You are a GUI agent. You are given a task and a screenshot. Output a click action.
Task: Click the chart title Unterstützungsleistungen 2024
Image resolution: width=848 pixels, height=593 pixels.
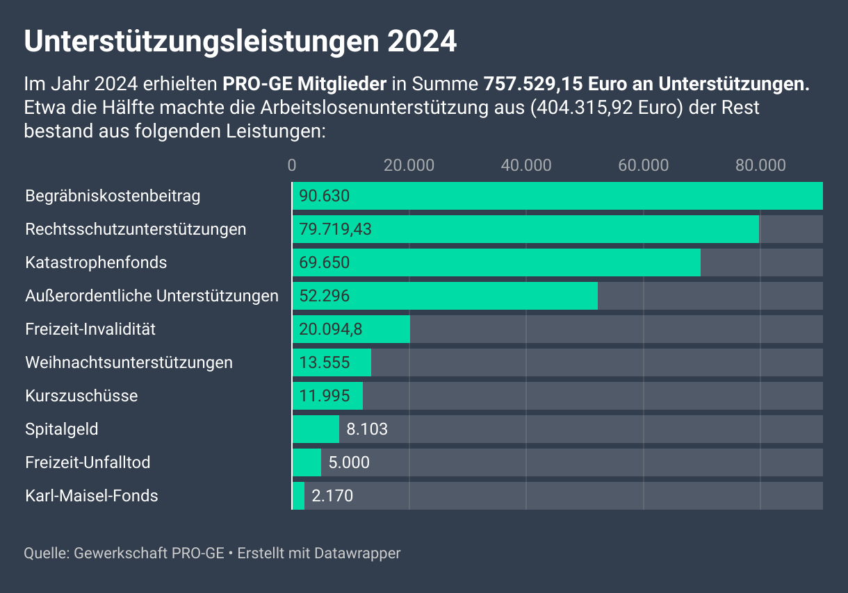pyautogui.click(x=240, y=42)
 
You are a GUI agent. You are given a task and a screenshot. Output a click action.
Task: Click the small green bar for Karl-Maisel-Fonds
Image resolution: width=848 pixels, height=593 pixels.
pyautogui.click(x=299, y=496)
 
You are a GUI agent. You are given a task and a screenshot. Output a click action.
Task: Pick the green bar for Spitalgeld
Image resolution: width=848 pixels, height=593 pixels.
pyautogui.click(x=316, y=429)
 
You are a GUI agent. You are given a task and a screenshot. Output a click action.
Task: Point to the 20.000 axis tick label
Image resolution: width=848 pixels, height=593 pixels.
pyautogui.click(x=409, y=165)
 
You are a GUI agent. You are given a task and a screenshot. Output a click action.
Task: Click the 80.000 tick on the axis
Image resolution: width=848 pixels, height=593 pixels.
pyautogui.click(x=760, y=165)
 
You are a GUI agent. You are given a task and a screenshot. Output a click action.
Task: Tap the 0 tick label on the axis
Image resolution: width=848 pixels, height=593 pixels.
pyautogui.click(x=292, y=165)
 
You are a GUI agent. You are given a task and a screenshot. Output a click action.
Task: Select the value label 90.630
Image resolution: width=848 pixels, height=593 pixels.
pyautogui.click(x=324, y=196)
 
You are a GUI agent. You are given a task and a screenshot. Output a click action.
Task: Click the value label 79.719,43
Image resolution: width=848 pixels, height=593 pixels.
pyautogui.click(x=336, y=229)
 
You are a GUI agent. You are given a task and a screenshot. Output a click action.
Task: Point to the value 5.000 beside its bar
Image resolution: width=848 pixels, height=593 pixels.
pyautogui.click(x=349, y=462)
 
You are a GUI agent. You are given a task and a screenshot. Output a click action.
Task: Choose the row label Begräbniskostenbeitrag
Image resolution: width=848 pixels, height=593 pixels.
pyautogui.click(x=113, y=196)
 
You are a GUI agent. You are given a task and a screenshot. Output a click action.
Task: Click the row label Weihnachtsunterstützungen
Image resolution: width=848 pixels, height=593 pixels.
pyautogui.click(x=129, y=362)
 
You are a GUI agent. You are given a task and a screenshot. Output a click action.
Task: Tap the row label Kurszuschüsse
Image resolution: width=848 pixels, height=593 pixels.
pyautogui.click(x=81, y=396)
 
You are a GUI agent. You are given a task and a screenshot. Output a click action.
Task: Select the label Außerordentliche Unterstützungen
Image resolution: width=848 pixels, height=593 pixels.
pyautogui.click(x=152, y=296)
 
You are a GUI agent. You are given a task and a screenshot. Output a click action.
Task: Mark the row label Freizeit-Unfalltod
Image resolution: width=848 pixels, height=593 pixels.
pyautogui.click(x=88, y=462)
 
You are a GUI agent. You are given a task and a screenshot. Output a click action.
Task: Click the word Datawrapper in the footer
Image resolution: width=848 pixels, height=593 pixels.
pyautogui.click(x=357, y=553)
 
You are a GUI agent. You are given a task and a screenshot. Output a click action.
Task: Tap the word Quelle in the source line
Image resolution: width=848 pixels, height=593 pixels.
pyautogui.click(x=45, y=553)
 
